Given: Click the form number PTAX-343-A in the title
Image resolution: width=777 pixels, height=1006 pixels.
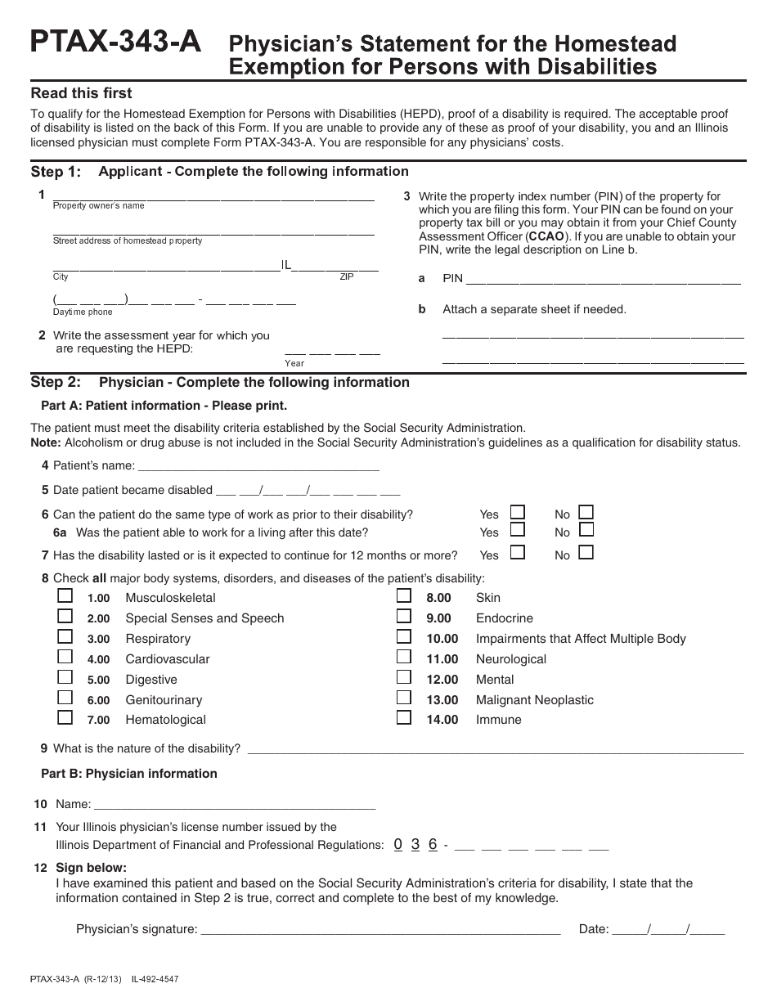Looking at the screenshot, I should (115, 43).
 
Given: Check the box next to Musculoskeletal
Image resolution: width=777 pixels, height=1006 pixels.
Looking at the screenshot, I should (65, 596).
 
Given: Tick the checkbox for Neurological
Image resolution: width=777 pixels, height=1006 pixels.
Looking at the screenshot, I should (404, 657).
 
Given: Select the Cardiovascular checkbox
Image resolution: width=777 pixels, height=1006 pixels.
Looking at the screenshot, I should (65, 657).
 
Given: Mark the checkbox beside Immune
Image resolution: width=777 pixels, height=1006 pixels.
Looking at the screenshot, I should (404, 717).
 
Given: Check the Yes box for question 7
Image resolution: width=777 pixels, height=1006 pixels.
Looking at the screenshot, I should (517, 552).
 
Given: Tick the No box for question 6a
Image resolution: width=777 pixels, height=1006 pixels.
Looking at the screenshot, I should (586, 530).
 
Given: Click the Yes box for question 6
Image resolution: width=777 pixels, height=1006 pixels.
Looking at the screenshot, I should (517, 512).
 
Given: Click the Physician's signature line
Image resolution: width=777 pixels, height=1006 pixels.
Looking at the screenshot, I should (380, 928).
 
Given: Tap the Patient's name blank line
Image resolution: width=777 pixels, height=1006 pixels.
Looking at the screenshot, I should (258, 465).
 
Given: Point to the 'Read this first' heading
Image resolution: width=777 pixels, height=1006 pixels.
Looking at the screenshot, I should (81, 93).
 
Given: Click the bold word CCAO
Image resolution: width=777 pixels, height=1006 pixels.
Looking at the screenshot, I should (546, 236).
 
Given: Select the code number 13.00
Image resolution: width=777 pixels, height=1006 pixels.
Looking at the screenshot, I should (442, 700).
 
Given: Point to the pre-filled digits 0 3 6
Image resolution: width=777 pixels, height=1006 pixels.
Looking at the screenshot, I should (415, 844).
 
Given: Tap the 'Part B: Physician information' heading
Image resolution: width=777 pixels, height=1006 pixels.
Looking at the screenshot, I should (129, 774).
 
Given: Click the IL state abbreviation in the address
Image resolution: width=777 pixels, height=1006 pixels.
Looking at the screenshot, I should (286, 265).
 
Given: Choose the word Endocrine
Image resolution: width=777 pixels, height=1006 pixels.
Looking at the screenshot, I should (504, 618).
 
